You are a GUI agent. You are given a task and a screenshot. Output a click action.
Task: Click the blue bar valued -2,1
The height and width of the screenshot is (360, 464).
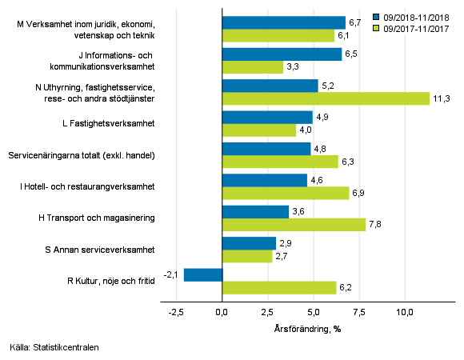pos(202,275)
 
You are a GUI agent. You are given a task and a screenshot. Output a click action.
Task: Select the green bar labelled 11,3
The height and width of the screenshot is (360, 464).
pos(326,98)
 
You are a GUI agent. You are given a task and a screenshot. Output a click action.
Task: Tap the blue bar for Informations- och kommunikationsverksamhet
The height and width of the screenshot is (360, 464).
pos(282,54)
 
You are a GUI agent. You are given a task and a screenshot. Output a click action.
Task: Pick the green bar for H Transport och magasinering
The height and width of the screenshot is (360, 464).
pos(294,225)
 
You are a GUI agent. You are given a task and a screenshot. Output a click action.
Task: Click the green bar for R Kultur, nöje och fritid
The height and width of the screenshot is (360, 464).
pos(278,288)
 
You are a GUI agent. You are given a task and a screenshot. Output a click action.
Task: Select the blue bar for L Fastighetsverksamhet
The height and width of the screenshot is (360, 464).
pos(267,118)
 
